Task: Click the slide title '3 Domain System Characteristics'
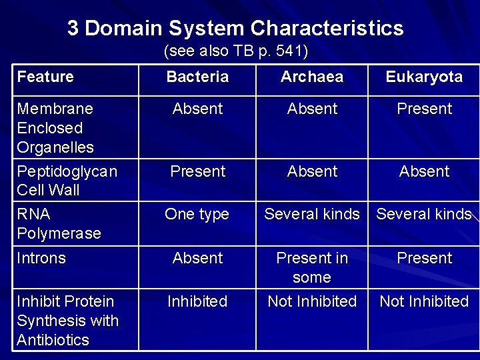point(235,28)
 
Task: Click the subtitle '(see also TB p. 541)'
point(235,51)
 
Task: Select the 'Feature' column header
point(45,77)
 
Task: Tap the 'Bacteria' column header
point(197,77)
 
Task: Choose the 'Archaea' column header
point(312,77)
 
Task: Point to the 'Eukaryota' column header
point(424,77)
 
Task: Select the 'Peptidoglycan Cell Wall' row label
point(67,181)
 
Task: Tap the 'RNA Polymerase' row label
point(59,224)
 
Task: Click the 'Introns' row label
point(41,258)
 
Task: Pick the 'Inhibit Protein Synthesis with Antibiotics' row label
point(67,321)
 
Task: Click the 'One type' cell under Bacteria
point(197,215)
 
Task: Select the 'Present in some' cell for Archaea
point(312,267)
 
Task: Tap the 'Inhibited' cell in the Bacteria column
point(197,301)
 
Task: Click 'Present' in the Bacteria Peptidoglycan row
point(197,171)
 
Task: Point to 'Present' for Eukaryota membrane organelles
point(424,109)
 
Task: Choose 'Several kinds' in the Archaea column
point(312,215)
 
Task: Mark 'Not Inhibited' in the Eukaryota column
point(424,301)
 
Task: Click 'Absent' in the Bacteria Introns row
point(197,258)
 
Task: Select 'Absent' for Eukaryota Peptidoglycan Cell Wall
point(424,171)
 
